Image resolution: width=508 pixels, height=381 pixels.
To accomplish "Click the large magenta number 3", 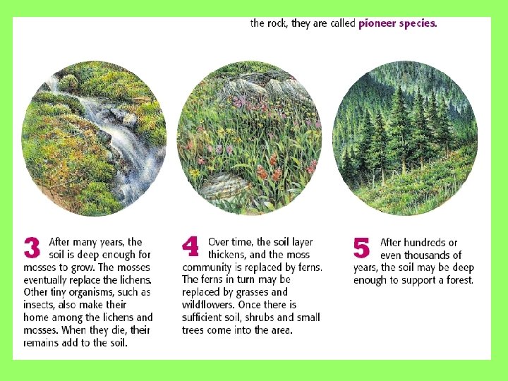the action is click(32, 248).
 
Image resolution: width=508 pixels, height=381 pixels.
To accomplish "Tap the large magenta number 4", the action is click(190, 246).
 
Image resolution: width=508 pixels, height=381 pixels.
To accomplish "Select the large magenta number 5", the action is click(361, 248).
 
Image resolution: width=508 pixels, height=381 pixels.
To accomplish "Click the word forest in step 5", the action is click(460, 280).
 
